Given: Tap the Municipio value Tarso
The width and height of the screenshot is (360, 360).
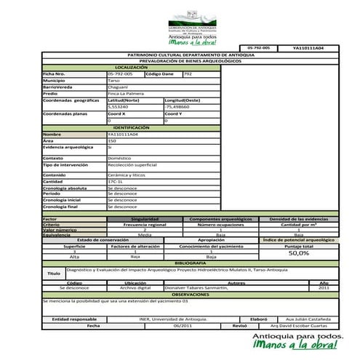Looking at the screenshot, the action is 113,80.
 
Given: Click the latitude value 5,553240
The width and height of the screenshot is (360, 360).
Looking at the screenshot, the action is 118,106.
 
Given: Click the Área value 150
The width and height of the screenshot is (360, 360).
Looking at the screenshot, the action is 112,140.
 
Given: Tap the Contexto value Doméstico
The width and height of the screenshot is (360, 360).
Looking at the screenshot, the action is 119,157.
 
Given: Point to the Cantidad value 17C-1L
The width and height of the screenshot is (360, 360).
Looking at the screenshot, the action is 116,181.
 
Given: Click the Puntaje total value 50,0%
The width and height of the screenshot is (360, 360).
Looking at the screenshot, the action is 299,253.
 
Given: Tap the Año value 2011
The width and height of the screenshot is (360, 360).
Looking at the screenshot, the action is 324,288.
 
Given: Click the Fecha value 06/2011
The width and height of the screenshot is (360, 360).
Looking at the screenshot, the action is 183,325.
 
